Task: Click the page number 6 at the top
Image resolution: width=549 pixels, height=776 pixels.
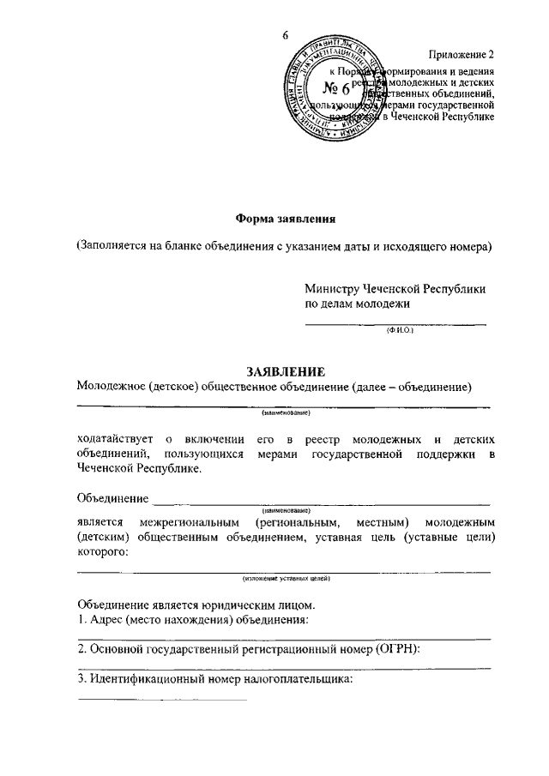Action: click(285, 35)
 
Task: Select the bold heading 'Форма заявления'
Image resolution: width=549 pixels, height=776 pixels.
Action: click(284, 218)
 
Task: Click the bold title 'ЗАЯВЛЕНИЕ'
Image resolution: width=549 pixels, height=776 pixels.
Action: click(285, 371)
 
